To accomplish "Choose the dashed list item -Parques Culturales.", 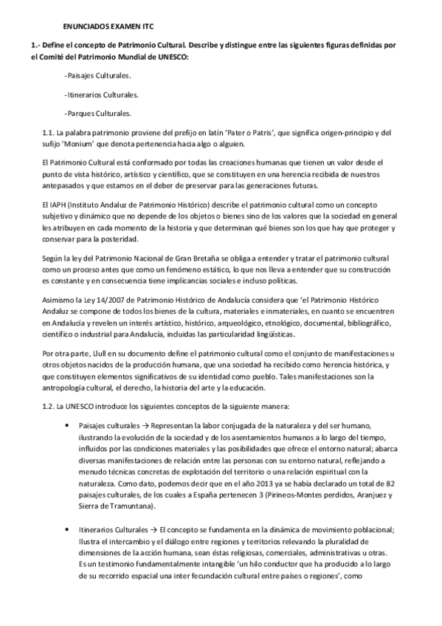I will [97, 113].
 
